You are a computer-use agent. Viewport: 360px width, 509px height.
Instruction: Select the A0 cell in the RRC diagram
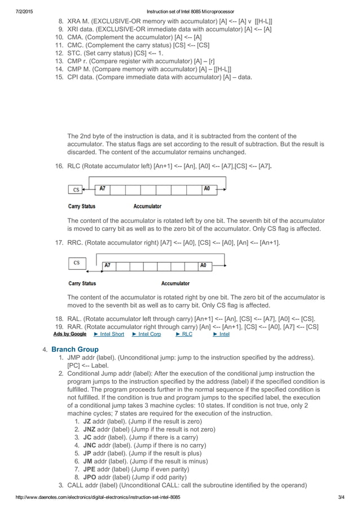(203, 265)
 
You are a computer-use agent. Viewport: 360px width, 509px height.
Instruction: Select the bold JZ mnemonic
(87, 421)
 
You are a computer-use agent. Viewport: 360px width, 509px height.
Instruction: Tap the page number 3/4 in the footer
(341, 497)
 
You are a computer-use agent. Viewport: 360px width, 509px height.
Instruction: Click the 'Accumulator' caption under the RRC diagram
(175, 283)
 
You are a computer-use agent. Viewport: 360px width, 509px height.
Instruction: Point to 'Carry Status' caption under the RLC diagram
(82, 207)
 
